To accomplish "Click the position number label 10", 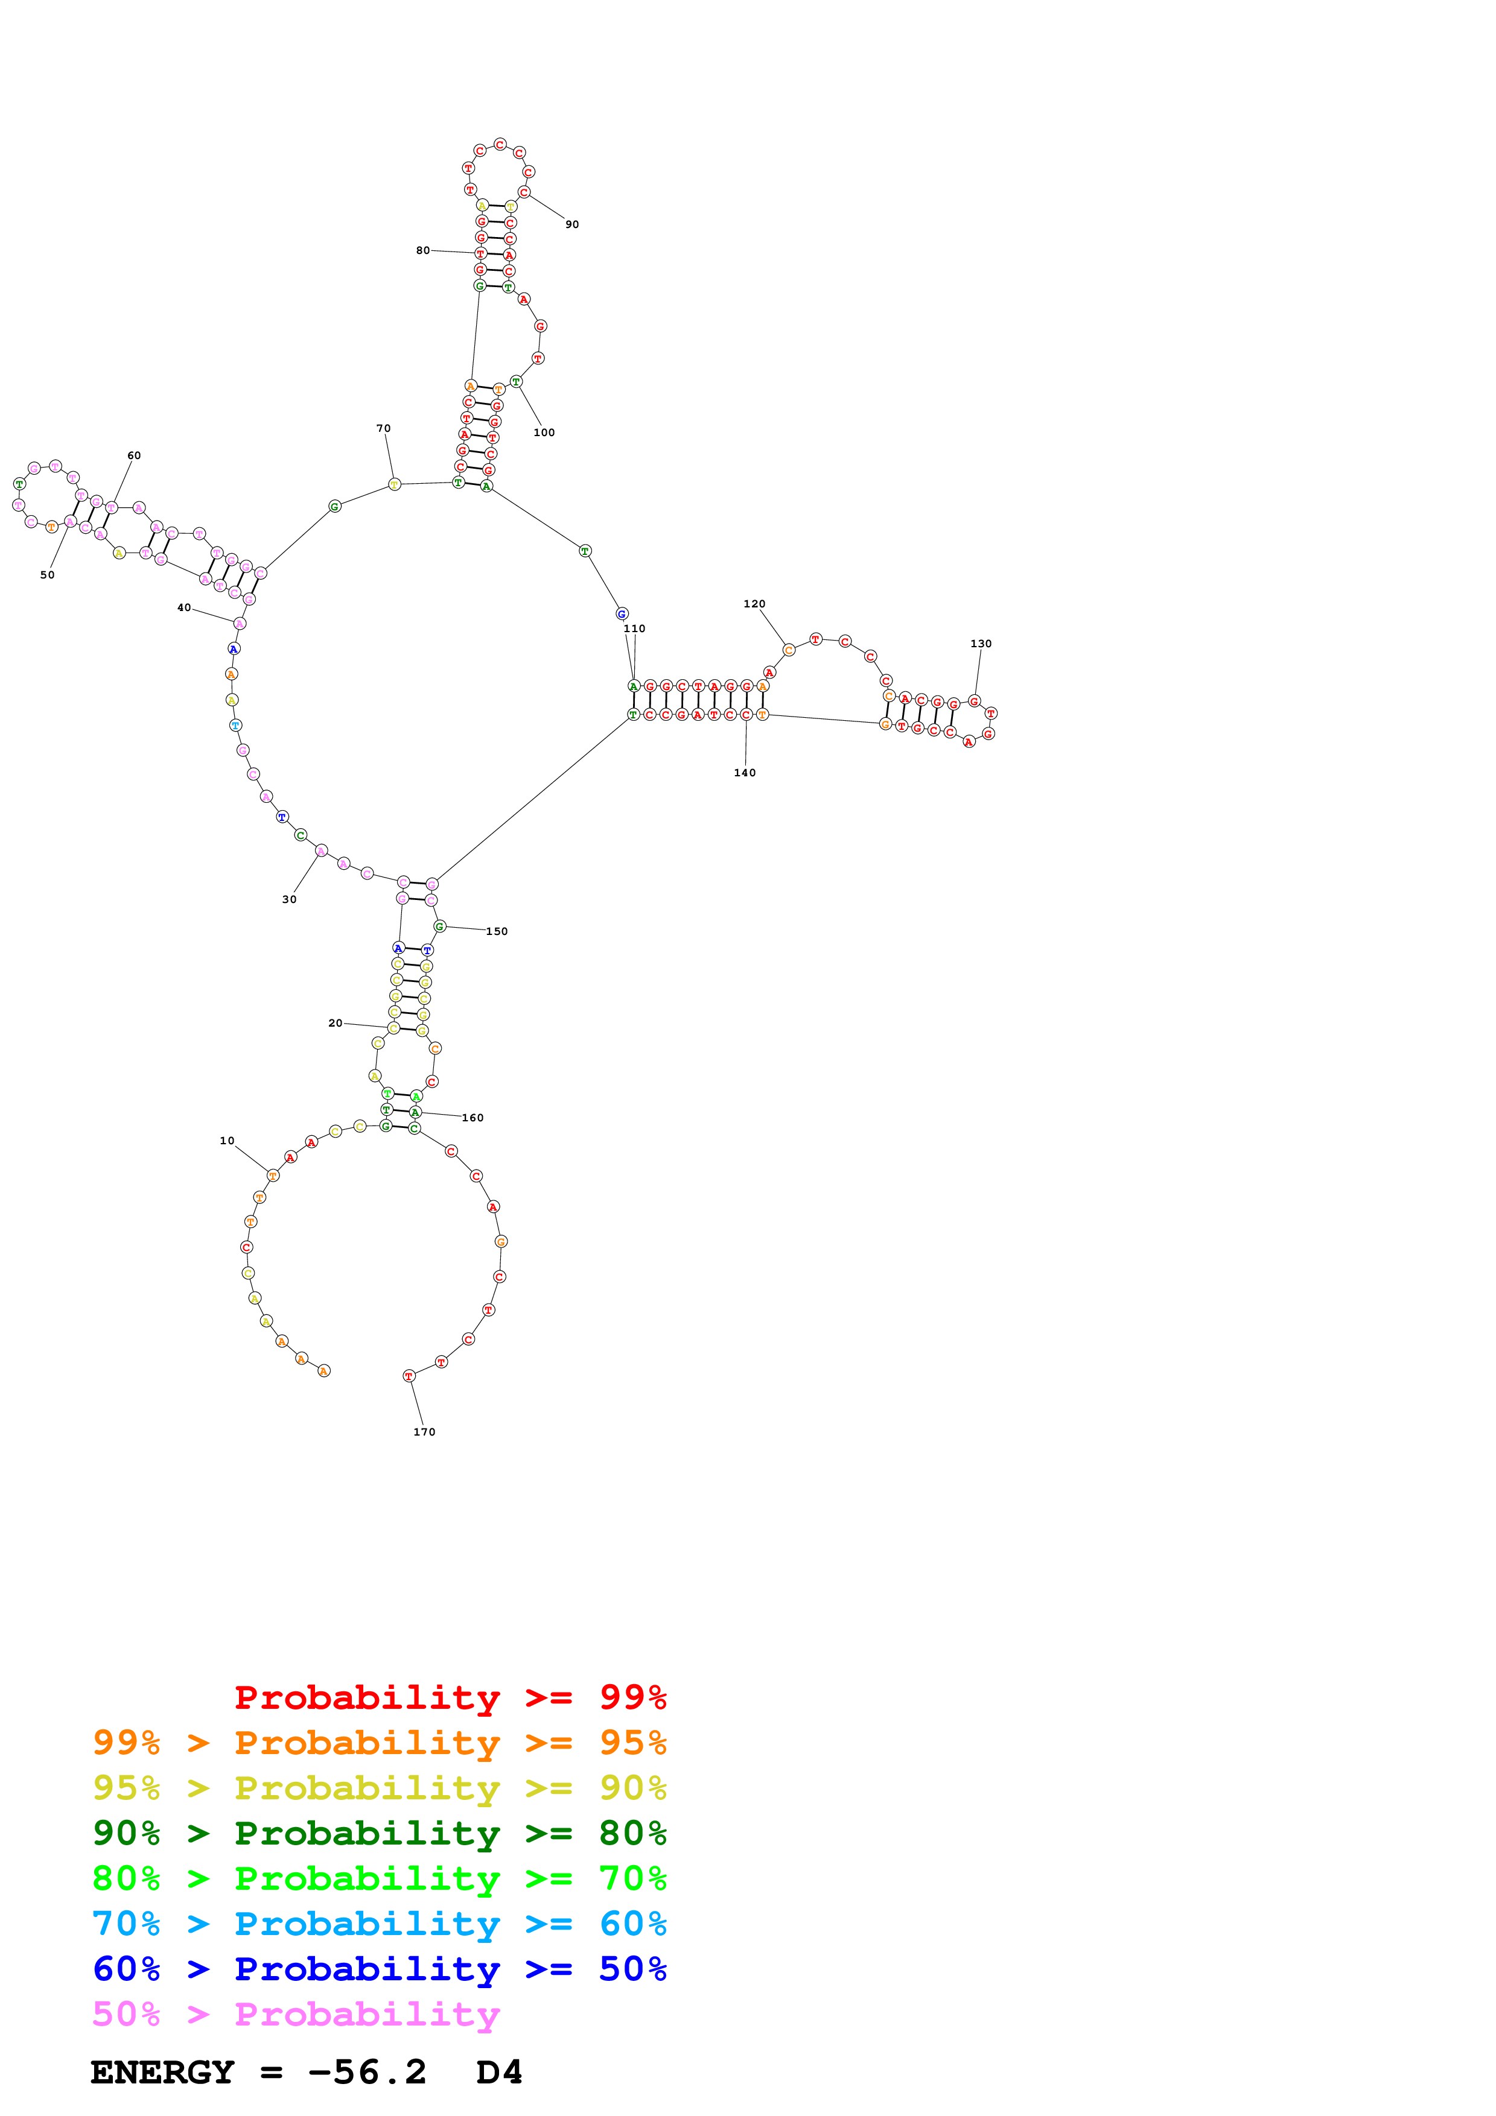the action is (x=227, y=1141).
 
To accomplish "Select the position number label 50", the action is (x=47, y=575).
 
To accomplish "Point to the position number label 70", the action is (x=383, y=428).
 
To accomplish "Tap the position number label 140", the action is (x=745, y=773).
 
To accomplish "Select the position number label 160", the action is (x=473, y=1118).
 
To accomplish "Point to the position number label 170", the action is (x=425, y=1432).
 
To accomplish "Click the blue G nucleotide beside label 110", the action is (x=622, y=614).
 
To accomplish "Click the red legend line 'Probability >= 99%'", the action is (x=451, y=1697).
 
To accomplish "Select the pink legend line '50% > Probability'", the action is (x=296, y=2015).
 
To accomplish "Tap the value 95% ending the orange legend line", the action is (x=633, y=1743).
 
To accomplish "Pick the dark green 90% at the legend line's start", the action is (x=126, y=1833).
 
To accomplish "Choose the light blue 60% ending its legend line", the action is (x=633, y=1924).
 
